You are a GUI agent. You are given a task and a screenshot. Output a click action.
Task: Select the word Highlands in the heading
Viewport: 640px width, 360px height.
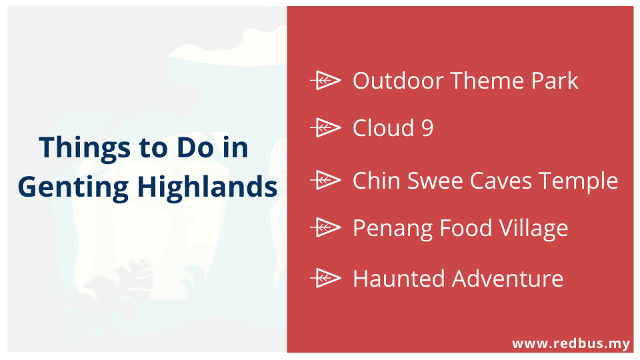(207, 186)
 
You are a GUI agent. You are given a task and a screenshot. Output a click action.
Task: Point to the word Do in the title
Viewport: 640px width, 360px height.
(195, 147)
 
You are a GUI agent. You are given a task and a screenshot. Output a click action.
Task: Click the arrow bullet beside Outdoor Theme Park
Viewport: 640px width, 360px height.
(325, 81)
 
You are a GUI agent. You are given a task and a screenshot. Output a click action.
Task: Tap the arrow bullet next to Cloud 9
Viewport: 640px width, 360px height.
(325, 128)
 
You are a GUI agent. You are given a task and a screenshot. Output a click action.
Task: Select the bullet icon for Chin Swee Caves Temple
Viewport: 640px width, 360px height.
(325, 180)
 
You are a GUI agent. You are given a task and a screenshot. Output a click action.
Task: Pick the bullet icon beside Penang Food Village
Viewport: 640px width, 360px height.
(325, 227)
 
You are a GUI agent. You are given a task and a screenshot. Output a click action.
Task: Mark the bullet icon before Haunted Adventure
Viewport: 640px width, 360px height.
(325, 279)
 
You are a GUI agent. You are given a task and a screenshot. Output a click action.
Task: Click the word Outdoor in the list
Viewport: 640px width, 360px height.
(398, 81)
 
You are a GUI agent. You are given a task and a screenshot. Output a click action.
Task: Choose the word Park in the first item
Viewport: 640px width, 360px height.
(555, 81)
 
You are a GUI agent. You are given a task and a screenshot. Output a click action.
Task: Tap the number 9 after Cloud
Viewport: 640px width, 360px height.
(427, 128)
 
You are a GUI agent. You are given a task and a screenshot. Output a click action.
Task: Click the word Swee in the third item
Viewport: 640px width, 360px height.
(435, 181)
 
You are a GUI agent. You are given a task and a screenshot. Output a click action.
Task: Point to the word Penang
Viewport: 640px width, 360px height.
(392, 229)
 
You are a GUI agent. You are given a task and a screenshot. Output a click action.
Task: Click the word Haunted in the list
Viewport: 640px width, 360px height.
(399, 279)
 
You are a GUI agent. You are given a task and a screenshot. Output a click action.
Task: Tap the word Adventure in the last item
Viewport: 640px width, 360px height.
(507, 279)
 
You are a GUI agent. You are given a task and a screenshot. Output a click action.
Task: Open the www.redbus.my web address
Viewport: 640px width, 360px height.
(571, 344)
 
